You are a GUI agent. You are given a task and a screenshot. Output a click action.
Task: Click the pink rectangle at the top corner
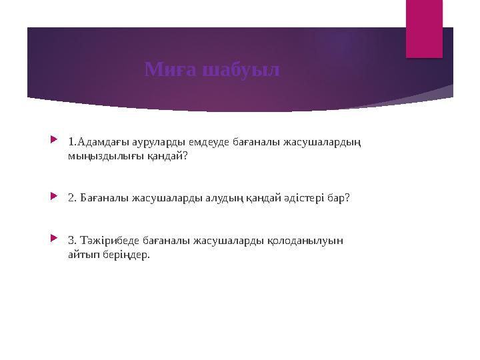(x=424, y=28)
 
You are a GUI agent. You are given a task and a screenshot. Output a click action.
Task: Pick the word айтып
(x=81, y=255)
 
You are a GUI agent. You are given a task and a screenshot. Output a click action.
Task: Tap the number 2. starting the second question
(x=72, y=199)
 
